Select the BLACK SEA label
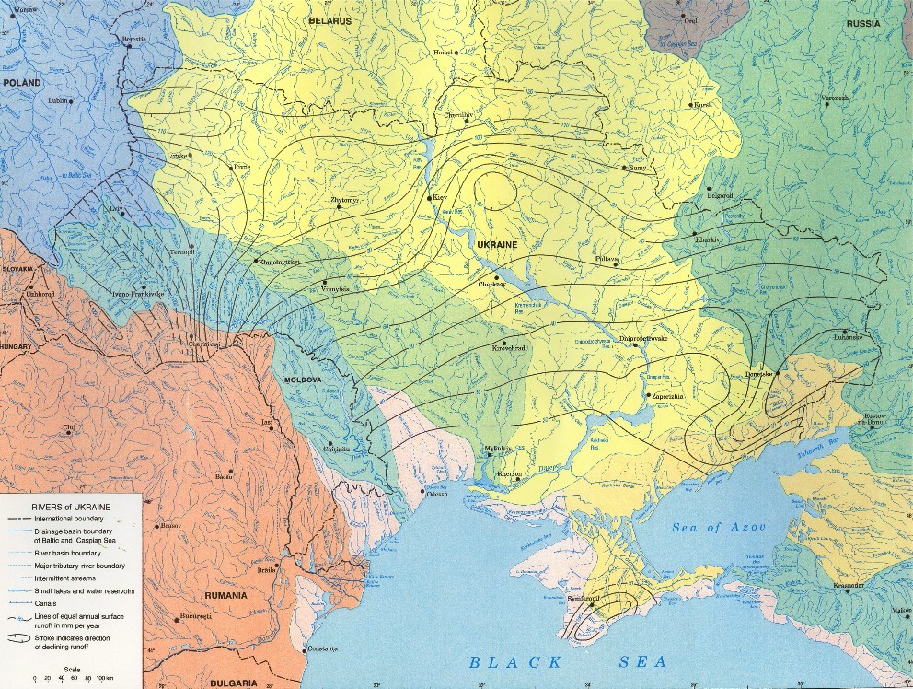(x=567, y=661)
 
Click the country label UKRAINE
(x=497, y=245)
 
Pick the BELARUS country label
(x=331, y=19)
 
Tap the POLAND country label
(x=22, y=83)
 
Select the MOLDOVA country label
(x=301, y=380)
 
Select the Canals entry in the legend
(x=44, y=603)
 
